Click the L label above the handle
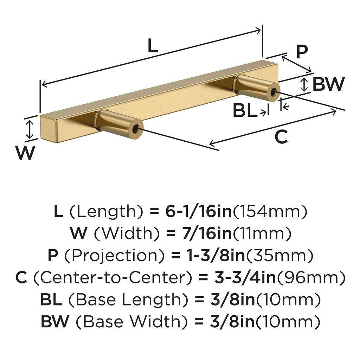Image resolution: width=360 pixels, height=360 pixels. click(152, 46)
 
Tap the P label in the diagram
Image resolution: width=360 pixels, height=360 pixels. click(301, 52)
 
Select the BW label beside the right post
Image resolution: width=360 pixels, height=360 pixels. click(328, 84)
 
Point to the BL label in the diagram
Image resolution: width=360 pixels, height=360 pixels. click(245, 111)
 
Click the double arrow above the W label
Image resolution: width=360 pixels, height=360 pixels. click(30, 129)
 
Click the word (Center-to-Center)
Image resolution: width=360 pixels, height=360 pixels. click(115, 278)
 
